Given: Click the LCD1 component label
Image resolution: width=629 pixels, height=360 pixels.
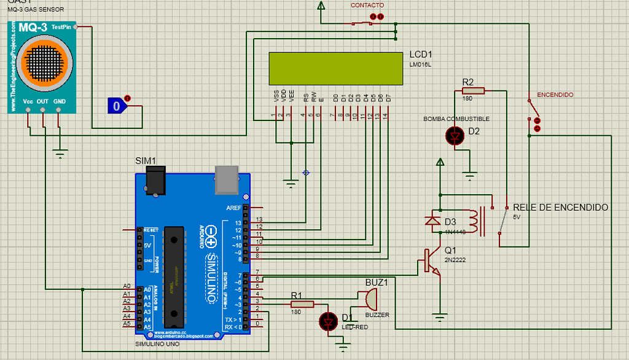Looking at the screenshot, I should pyautogui.click(x=421, y=54).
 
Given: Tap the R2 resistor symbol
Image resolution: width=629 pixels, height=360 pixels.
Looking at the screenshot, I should pyautogui.click(x=473, y=91).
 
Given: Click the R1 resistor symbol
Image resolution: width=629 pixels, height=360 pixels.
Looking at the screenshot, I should pyautogui.click(x=302, y=303).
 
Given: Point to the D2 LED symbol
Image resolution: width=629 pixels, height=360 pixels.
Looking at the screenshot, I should pyautogui.click(x=456, y=136).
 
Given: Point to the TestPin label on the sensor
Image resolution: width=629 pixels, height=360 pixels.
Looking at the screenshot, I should pyautogui.click(x=61, y=27).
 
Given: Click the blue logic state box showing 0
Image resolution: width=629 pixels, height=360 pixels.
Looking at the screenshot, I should pyautogui.click(x=116, y=106).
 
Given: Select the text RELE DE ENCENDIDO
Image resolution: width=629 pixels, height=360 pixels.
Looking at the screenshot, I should pyautogui.click(x=560, y=207).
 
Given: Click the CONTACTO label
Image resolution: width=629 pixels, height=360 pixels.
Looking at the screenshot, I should pyautogui.click(x=367, y=6).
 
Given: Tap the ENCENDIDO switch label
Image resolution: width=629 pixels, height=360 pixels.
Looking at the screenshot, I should pyautogui.click(x=555, y=95).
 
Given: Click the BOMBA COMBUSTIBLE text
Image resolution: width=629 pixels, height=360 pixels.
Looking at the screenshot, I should pyautogui.click(x=456, y=119).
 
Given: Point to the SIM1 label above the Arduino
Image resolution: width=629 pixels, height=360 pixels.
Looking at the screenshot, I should pyautogui.click(x=146, y=160).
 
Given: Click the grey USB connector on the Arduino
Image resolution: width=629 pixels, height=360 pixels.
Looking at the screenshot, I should pyautogui.click(x=225, y=179).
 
